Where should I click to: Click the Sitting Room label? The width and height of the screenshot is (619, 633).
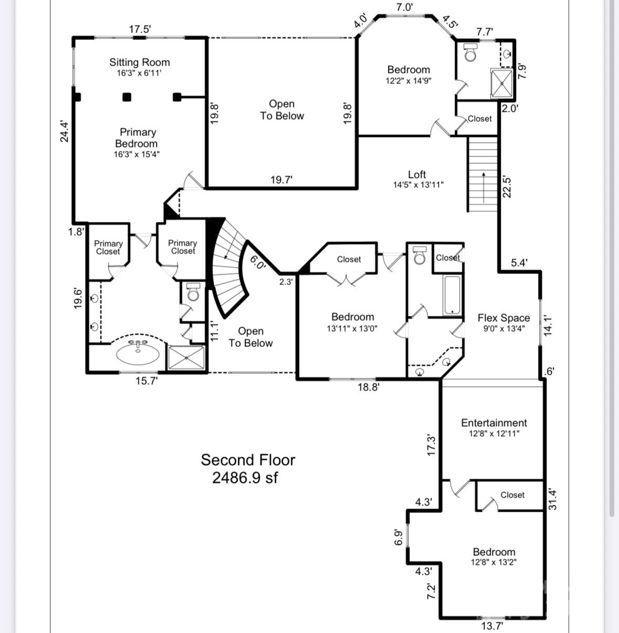coord(139,62)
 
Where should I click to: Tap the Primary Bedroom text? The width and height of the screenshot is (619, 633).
coord(137,138)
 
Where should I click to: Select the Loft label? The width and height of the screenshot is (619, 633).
coord(417,174)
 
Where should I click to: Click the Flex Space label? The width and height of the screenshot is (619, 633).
coord(503,318)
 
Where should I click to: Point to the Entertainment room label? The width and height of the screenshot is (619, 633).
coord(494,423)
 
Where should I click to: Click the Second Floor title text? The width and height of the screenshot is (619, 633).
coord(248,460)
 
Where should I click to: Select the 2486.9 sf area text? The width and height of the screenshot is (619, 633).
coord(245,478)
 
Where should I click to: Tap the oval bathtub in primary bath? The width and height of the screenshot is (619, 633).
coord(138,353)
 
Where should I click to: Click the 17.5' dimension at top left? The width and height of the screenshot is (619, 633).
coord(140,29)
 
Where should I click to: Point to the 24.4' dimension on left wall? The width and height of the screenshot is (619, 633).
coord(64,131)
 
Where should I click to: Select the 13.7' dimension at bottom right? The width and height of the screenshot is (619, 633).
coord(492,625)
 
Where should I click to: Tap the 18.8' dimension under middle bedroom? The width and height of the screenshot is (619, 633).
coord(368,387)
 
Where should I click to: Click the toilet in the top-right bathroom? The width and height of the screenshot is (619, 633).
coord(470,52)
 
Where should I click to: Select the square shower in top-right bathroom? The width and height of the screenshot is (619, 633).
coord(501,83)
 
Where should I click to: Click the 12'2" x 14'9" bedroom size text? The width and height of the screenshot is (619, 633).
coord(408,81)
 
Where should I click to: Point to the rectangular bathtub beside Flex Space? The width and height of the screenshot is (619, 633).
coord(452,295)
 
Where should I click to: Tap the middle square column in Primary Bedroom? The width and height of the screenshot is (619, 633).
coord(127,97)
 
